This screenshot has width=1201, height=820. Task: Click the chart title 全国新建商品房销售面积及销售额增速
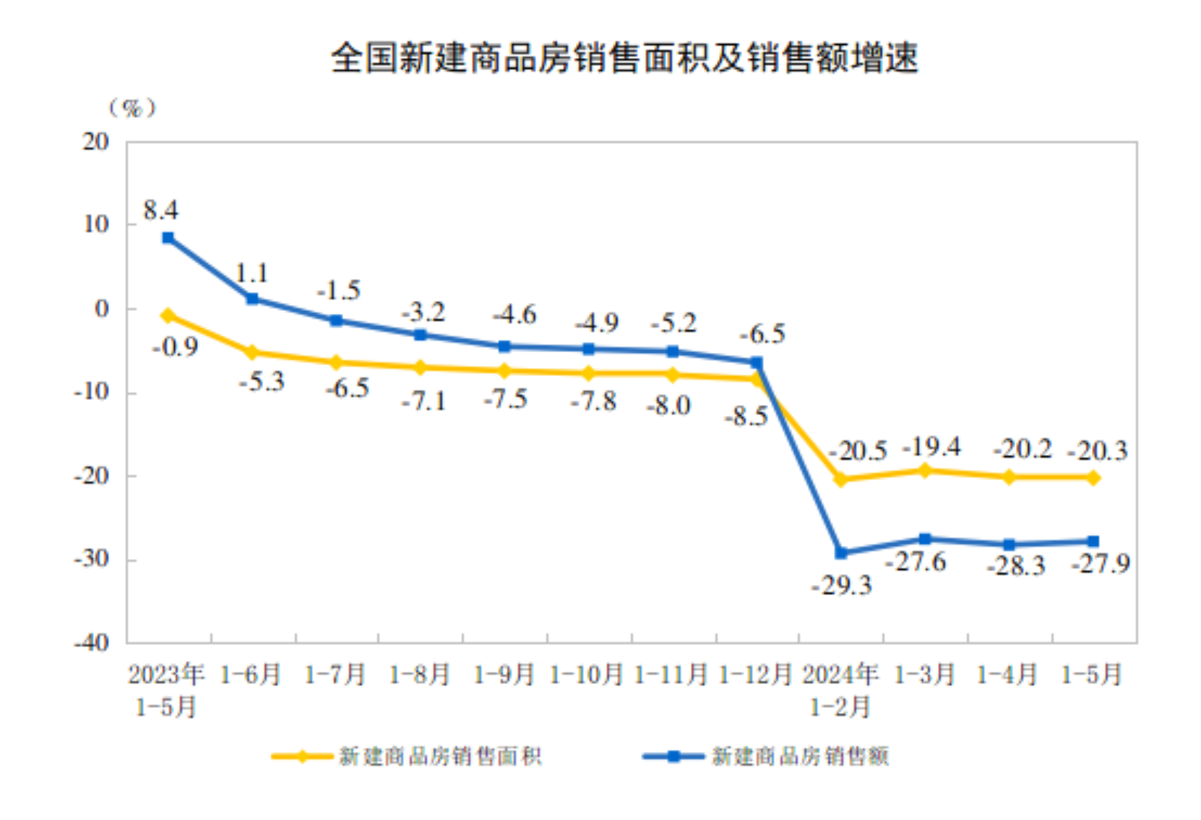pyautogui.click(x=624, y=58)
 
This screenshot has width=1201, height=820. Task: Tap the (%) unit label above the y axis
pyautogui.click(x=132, y=108)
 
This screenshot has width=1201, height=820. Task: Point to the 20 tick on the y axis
pyautogui.click(x=95, y=142)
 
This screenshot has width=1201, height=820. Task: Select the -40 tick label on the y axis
pyautogui.click(x=91, y=642)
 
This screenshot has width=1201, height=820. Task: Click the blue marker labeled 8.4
pyautogui.click(x=168, y=238)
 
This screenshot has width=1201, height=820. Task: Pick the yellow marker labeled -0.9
pyautogui.click(x=168, y=315)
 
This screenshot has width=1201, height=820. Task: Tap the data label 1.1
pyautogui.click(x=251, y=273)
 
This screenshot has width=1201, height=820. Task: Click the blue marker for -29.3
pyautogui.click(x=840, y=553)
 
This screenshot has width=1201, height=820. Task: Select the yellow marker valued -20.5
pyautogui.click(x=840, y=479)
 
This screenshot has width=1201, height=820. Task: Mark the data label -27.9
pyautogui.click(x=1100, y=563)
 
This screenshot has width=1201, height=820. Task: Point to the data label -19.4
pyautogui.click(x=931, y=447)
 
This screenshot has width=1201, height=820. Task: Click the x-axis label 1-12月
pyautogui.click(x=755, y=675)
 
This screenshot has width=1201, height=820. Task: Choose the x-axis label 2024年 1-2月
pyautogui.click(x=840, y=690)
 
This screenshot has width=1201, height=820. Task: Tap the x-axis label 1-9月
pyautogui.click(x=504, y=675)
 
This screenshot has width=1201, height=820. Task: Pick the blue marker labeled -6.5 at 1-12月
pyautogui.click(x=757, y=362)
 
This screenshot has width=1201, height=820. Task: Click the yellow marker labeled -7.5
pyautogui.click(x=505, y=371)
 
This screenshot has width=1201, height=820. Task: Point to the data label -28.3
pyautogui.click(x=1015, y=565)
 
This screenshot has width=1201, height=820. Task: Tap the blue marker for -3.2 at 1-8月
pyautogui.click(x=421, y=335)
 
